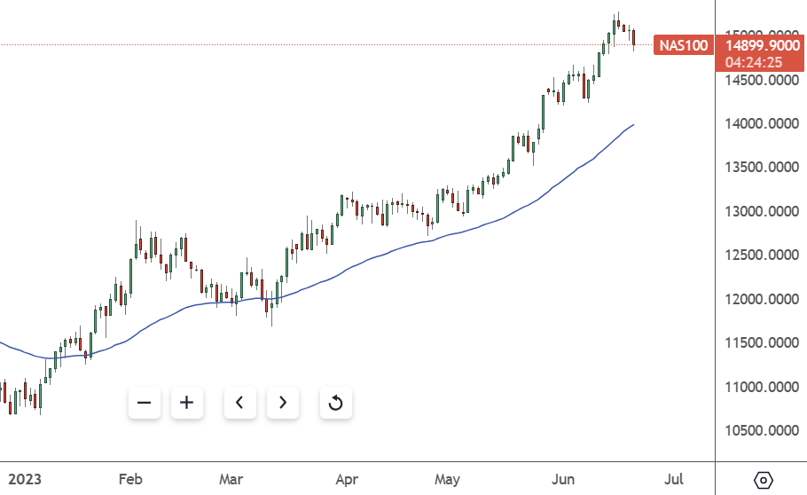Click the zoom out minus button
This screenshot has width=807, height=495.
(145, 403)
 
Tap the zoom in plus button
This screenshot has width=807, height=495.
(186, 403)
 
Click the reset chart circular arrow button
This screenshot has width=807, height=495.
(335, 404)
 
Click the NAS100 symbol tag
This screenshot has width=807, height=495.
(684, 44)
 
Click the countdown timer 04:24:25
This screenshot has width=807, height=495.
(753, 62)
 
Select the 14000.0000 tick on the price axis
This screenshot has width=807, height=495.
(759, 124)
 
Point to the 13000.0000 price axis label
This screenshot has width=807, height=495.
(759, 212)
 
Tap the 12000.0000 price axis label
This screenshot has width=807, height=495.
(759, 299)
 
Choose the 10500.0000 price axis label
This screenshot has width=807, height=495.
(759, 431)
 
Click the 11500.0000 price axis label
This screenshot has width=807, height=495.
(759, 343)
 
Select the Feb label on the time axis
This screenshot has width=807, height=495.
(130, 480)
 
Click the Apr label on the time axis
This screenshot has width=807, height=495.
(347, 480)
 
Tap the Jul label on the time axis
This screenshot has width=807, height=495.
(674, 480)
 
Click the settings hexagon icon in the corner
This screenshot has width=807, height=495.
(763, 480)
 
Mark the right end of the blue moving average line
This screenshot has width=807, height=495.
(633, 125)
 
